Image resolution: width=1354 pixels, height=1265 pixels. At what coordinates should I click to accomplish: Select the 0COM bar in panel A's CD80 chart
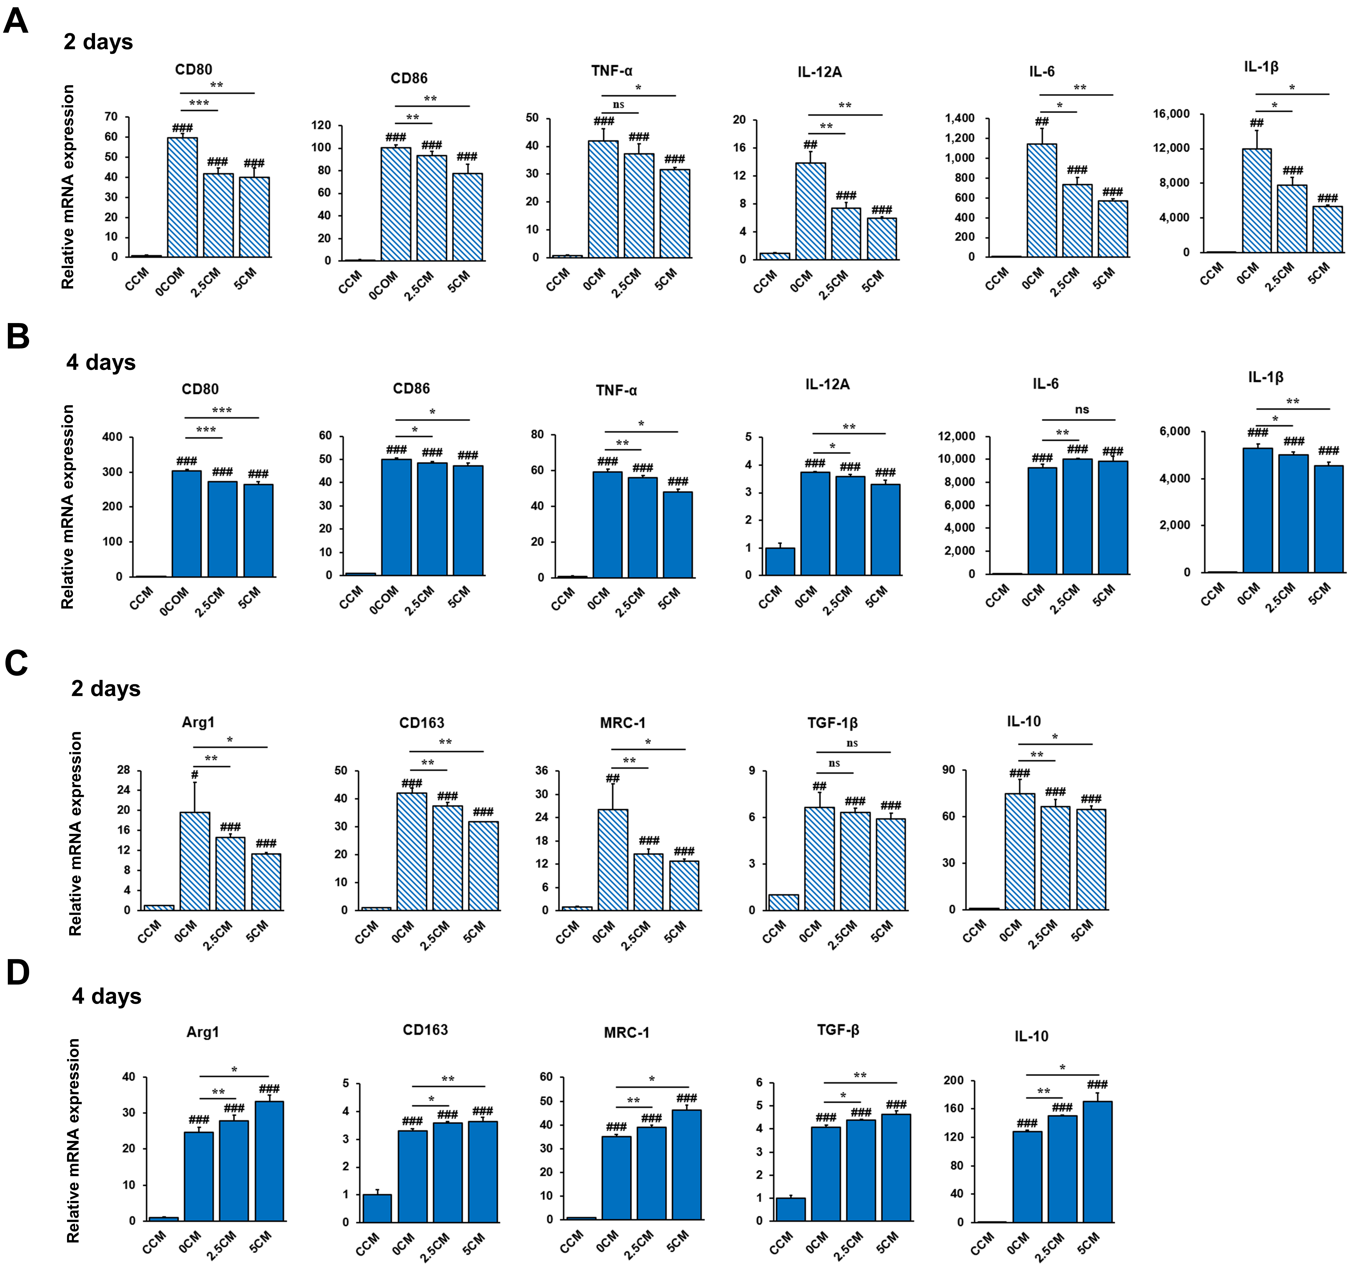click(x=183, y=198)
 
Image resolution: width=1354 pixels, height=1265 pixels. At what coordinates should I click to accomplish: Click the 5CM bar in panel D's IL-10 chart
click(x=1097, y=1161)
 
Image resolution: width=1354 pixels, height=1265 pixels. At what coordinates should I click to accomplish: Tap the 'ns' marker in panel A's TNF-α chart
click(x=618, y=105)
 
